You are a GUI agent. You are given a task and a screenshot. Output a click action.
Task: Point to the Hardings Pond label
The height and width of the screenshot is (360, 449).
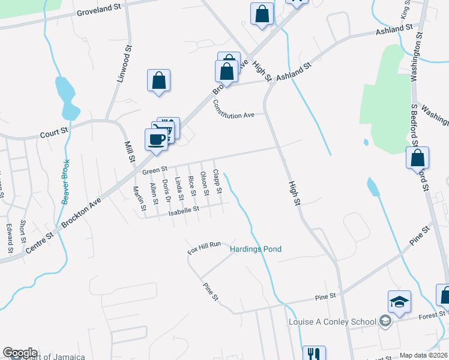[256, 249]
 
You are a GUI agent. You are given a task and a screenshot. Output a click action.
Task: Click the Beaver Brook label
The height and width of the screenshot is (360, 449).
[65, 181]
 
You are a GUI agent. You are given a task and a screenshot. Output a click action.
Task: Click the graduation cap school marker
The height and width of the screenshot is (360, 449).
[399, 302]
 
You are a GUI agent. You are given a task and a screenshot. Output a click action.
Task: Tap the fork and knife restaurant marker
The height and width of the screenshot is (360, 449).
[313, 355]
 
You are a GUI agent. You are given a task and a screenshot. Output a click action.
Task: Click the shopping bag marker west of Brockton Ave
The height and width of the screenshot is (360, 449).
[158, 80]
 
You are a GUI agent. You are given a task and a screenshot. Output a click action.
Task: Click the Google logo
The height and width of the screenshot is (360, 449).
[20, 353]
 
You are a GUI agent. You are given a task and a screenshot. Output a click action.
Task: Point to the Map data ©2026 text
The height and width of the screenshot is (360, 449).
[424, 355]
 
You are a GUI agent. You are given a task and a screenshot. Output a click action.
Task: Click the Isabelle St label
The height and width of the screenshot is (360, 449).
[183, 210]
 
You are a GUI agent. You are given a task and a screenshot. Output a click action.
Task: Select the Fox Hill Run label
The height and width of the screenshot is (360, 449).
[204, 248]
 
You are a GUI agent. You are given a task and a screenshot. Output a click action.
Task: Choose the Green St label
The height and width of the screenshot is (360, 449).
[154, 172]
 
